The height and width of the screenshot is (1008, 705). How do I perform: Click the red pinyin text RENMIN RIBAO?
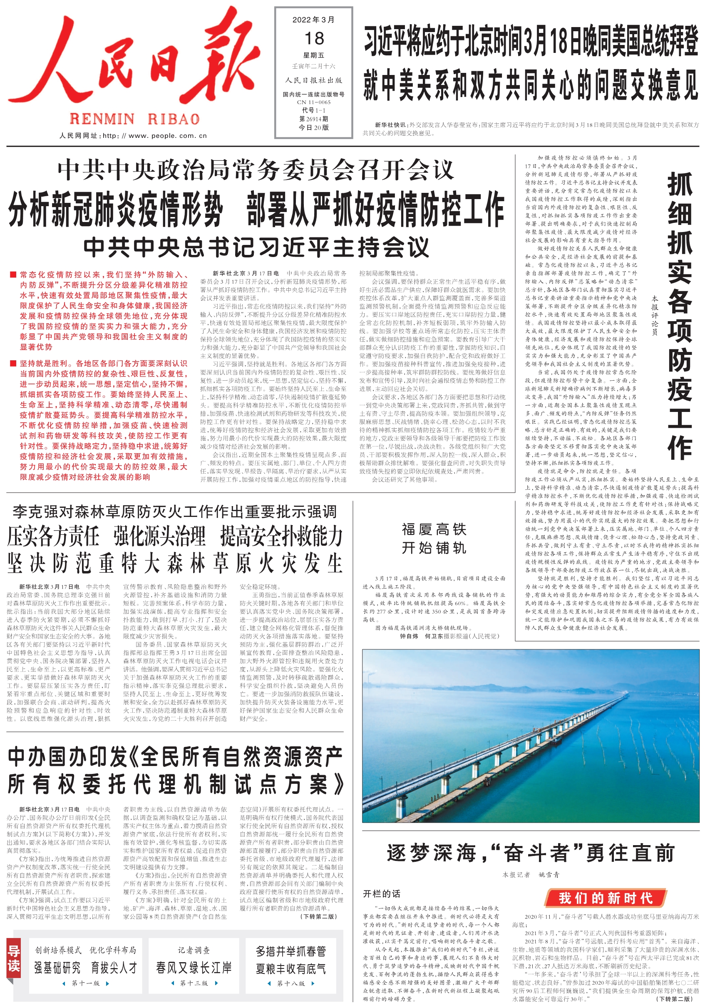[135, 119]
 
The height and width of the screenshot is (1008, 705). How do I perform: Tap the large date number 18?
[314, 39]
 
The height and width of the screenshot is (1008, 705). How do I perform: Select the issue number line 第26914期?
[314, 119]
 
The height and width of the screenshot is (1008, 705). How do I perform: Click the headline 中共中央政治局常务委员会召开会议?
[256, 170]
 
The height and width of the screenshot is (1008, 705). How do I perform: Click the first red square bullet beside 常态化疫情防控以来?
[13, 275]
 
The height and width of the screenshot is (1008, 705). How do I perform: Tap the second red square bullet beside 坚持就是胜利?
[13, 364]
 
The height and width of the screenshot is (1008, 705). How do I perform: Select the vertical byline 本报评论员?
[655, 316]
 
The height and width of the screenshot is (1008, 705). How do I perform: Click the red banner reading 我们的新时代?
[606, 898]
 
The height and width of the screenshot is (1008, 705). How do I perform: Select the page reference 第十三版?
[194, 983]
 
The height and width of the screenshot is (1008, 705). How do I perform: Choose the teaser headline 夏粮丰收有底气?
[291, 968]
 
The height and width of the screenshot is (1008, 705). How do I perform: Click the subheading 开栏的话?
[381, 894]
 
